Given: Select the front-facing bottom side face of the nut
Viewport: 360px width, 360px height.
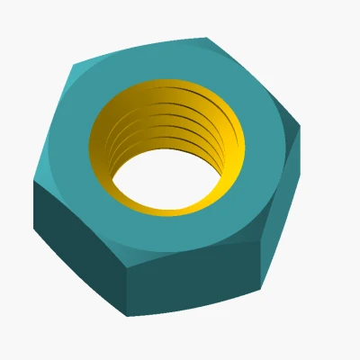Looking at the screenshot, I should [x=193, y=279].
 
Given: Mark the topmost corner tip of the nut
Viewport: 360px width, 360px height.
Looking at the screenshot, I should [x=206, y=38].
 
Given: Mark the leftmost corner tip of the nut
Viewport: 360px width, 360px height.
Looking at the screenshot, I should [x=34, y=180].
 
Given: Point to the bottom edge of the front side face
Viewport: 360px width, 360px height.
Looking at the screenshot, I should [x=193, y=303].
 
